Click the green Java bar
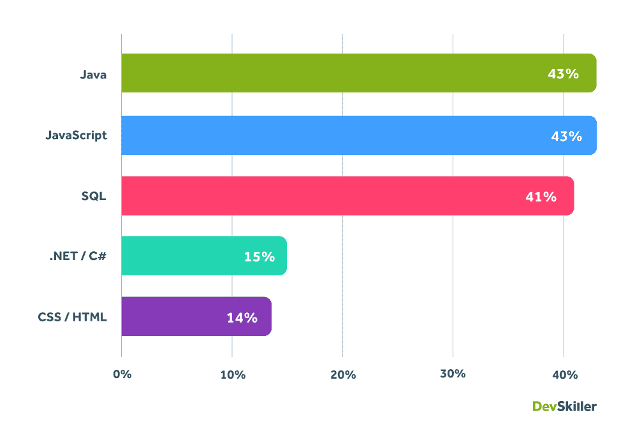pyautogui.click(x=332, y=73)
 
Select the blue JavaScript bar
pyautogui.click(x=332, y=135)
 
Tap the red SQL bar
pyautogui.click(x=319, y=196)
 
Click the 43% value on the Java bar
pyautogui.click(x=563, y=74)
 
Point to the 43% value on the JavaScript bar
pyautogui.click(x=566, y=136)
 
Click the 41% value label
pyautogui.click(x=541, y=196)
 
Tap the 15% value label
pyautogui.click(x=259, y=256)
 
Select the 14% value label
pyautogui.click(x=242, y=317)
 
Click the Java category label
pyautogui.click(x=93, y=74)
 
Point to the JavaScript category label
pyautogui.click(x=77, y=135)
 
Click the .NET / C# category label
pyautogui.click(x=78, y=256)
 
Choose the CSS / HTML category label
pyautogui.click(x=72, y=316)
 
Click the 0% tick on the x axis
pyautogui.click(x=122, y=374)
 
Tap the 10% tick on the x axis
pyautogui.click(x=233, y=374)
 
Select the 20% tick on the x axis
pyautogui.click(x=343, y=374)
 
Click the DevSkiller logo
pyautogui.click(x=564, y=406)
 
